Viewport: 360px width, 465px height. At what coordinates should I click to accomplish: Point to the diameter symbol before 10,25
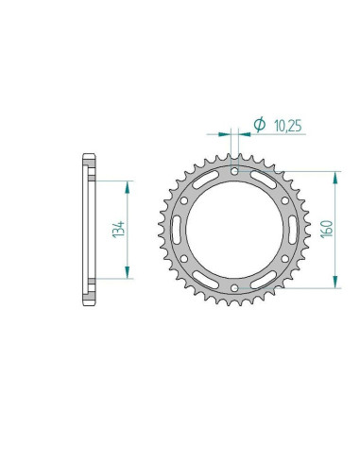258,122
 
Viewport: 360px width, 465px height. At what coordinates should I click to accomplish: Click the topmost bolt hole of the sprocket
233,172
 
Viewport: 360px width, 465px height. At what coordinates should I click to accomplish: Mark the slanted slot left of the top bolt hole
206,180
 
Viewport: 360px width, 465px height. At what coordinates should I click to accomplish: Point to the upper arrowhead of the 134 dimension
127,183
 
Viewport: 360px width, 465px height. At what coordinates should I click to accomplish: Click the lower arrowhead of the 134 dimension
127,275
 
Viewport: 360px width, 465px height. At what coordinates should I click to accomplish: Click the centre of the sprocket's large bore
233,229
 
